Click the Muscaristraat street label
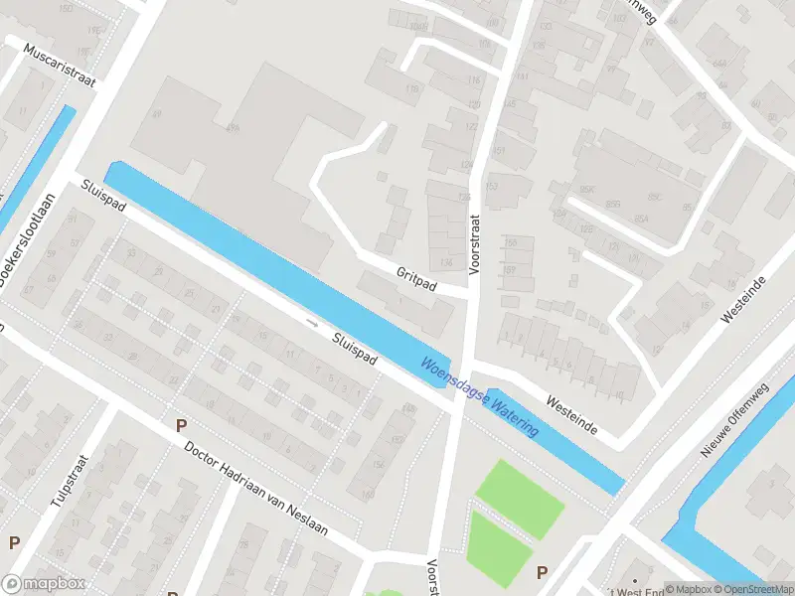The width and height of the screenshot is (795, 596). coord(61,66)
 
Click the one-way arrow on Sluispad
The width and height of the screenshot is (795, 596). coord(313,323)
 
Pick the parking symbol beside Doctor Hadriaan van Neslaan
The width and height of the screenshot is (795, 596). coord(181,425)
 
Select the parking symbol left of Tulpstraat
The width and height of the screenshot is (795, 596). coord(14,543)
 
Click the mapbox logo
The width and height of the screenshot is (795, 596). coord(43,584)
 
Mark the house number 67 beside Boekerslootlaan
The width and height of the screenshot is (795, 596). coord(28,289)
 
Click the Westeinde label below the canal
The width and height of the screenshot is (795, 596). coord(571,414)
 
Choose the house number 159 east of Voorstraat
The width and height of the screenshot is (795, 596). coord(511,269)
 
